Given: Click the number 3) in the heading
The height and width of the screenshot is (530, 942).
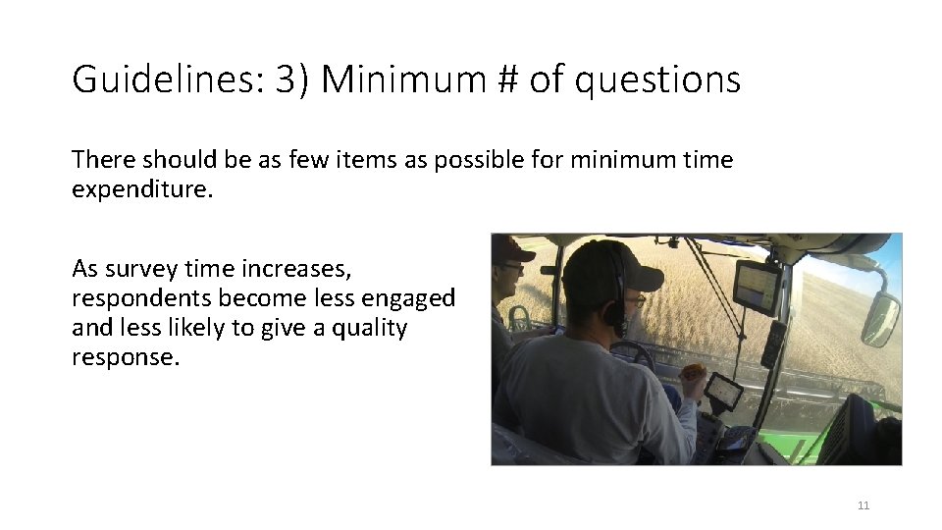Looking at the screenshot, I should click(x=292, y=79).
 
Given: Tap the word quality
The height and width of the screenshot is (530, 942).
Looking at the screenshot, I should click(x=371, y=328).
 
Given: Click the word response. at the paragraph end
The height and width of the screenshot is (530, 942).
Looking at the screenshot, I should click(x=126, y=358).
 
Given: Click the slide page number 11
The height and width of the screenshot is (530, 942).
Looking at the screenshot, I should click(x=863, y=505).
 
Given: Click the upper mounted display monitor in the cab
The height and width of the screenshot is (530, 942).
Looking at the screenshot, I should click(x=757, y=288).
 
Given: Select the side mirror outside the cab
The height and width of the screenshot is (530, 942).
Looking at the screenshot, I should click(x=879, y=319).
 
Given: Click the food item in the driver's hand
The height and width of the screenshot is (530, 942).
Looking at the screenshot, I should click(x=694, y=373).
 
